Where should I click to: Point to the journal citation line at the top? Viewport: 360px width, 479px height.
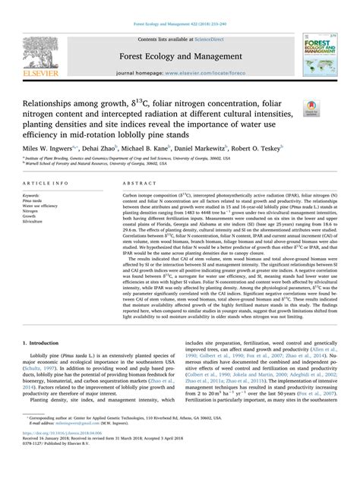pos(179,6)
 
